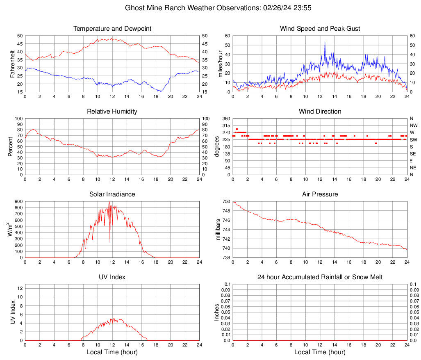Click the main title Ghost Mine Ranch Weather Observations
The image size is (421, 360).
pos(220,8)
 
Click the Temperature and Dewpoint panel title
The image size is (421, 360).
pos(112,29)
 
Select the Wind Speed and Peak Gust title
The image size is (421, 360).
pos(320,29)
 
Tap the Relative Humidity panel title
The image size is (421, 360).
pos(112,112)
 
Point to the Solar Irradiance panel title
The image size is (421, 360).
pos(112,194)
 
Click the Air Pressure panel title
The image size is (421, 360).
pos(320,194)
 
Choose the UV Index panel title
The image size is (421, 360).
pos(112,277)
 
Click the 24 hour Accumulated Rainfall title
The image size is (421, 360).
pos(320,277)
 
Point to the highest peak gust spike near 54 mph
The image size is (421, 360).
pos(325,42)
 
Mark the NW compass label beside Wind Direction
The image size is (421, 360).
pos(413,125)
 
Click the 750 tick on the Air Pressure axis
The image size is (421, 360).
pos(226,202)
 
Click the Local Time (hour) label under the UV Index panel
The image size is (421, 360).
pos(112,352)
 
